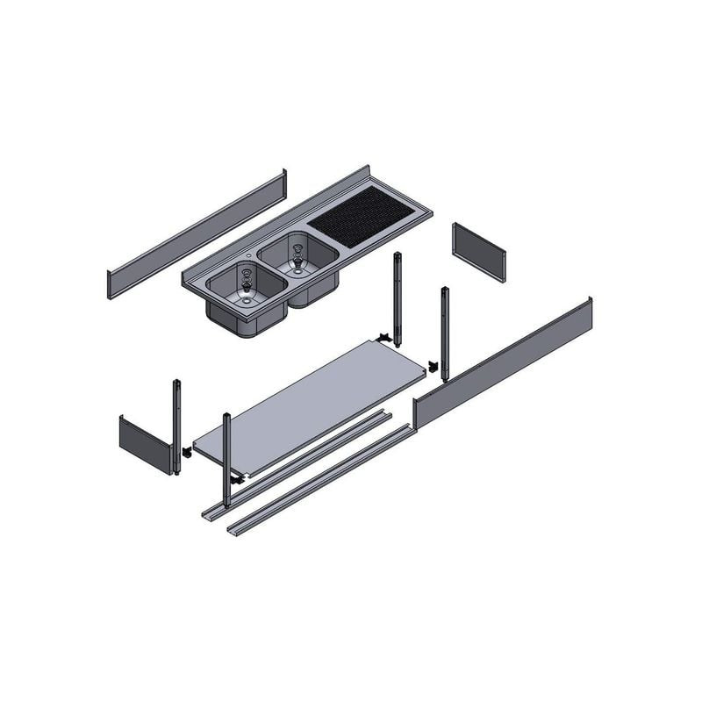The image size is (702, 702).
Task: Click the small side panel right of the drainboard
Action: [478, 251]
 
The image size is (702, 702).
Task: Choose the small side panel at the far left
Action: [144, 444]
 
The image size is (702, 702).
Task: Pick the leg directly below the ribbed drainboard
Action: [398, 298]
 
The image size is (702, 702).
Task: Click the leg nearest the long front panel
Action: [445, 333]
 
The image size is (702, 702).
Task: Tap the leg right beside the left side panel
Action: [176, 426]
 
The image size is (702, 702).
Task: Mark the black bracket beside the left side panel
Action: [186, 453]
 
